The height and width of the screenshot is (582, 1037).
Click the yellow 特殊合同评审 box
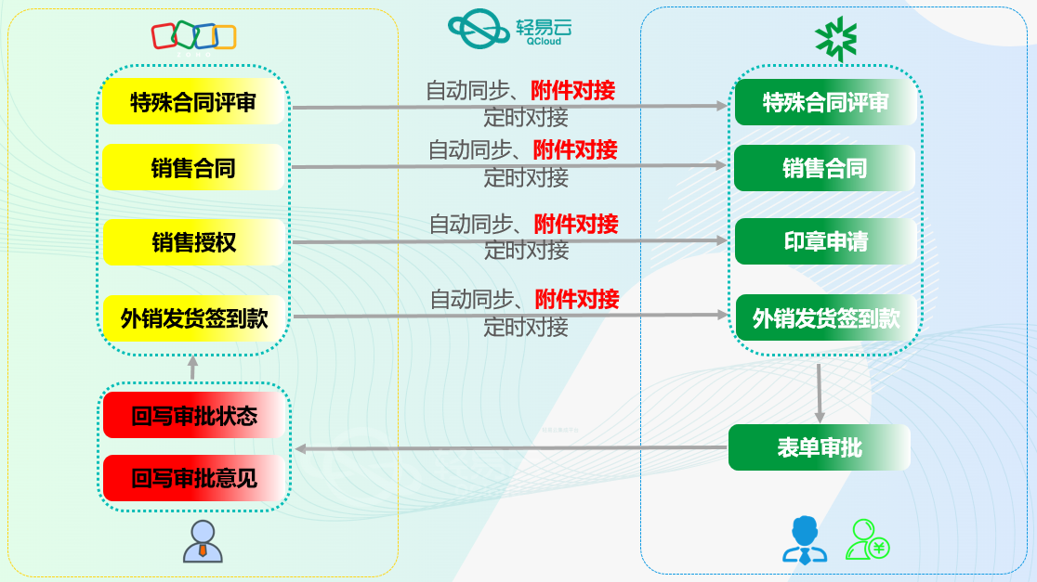(x=193, y=102)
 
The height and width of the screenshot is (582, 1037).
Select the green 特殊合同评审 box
(x=825, y=102)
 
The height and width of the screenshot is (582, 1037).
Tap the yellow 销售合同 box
(x=193, y=168)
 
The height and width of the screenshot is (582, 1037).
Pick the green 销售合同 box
(x=825, y=168)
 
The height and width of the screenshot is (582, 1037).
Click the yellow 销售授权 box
(x=193, y=242)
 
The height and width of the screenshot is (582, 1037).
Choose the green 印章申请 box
(x=825, y=242)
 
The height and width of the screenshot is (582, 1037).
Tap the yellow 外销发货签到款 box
(x=193, y=318)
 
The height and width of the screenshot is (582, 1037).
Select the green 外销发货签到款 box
(x=825, y=318)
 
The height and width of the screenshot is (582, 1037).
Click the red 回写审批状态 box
(x=193, y=416)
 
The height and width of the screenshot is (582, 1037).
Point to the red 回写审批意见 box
(x=193, y=479)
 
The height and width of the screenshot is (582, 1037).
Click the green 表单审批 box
(x=819, y=447)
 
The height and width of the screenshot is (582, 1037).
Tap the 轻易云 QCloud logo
(x=510, y=30)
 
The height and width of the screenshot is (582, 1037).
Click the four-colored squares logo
(x=193, y=35)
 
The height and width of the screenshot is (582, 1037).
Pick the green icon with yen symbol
(x=868, y=540)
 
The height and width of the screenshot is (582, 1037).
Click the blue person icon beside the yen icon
(x=805, y=540)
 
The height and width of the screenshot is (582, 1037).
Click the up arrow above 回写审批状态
(x=193, y=368)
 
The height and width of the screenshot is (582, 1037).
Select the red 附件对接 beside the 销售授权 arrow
(x=575, y=224)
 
